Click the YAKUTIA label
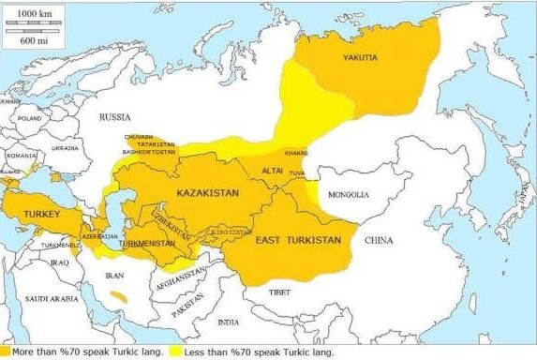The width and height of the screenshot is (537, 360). [360, 58]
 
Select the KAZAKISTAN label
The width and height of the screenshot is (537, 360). [208, 192]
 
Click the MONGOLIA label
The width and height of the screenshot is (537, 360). [349, 195]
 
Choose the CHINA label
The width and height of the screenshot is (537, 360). [378, 240]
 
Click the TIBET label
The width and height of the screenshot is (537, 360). [280, 291]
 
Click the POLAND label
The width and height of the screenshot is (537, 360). [29, 120]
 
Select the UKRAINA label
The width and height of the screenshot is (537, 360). [65, 148]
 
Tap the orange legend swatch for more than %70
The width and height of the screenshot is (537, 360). [6, 352]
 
